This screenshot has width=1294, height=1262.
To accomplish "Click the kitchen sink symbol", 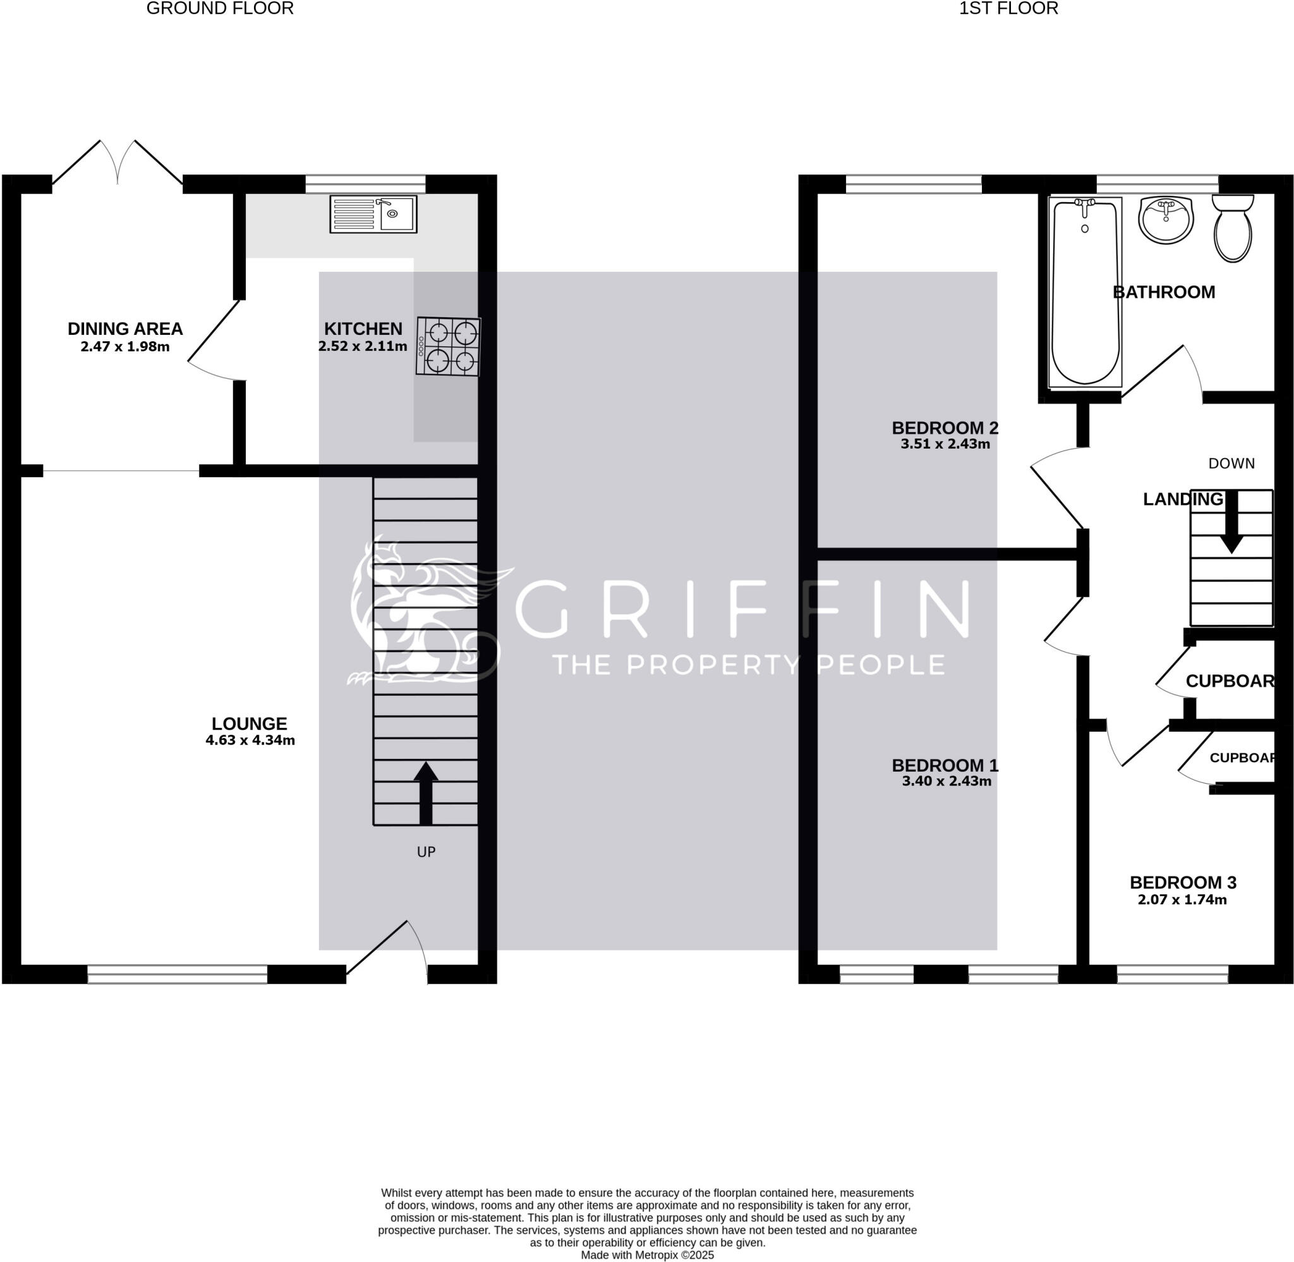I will [373, 214].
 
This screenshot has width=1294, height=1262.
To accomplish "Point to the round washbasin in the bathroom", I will [1166, 220].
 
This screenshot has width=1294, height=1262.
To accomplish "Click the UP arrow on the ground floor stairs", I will [426, 792].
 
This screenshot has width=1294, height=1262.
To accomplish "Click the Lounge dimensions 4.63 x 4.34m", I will [250, 741].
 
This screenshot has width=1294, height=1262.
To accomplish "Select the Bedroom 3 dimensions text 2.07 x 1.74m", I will [1182, 899].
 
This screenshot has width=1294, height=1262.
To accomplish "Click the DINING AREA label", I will [125, 329].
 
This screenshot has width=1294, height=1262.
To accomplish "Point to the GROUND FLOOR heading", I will [220, 9].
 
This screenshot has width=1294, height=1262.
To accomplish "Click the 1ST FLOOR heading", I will [1008, 9].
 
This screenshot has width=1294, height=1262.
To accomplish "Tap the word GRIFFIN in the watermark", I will [742, 609].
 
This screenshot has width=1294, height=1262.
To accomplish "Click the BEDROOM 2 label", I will [945, 428].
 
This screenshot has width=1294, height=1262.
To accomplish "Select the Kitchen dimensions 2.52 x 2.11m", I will [363, 346].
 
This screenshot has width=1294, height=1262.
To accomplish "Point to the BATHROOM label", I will [1163, 293].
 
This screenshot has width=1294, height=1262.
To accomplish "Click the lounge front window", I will [177, 973].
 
